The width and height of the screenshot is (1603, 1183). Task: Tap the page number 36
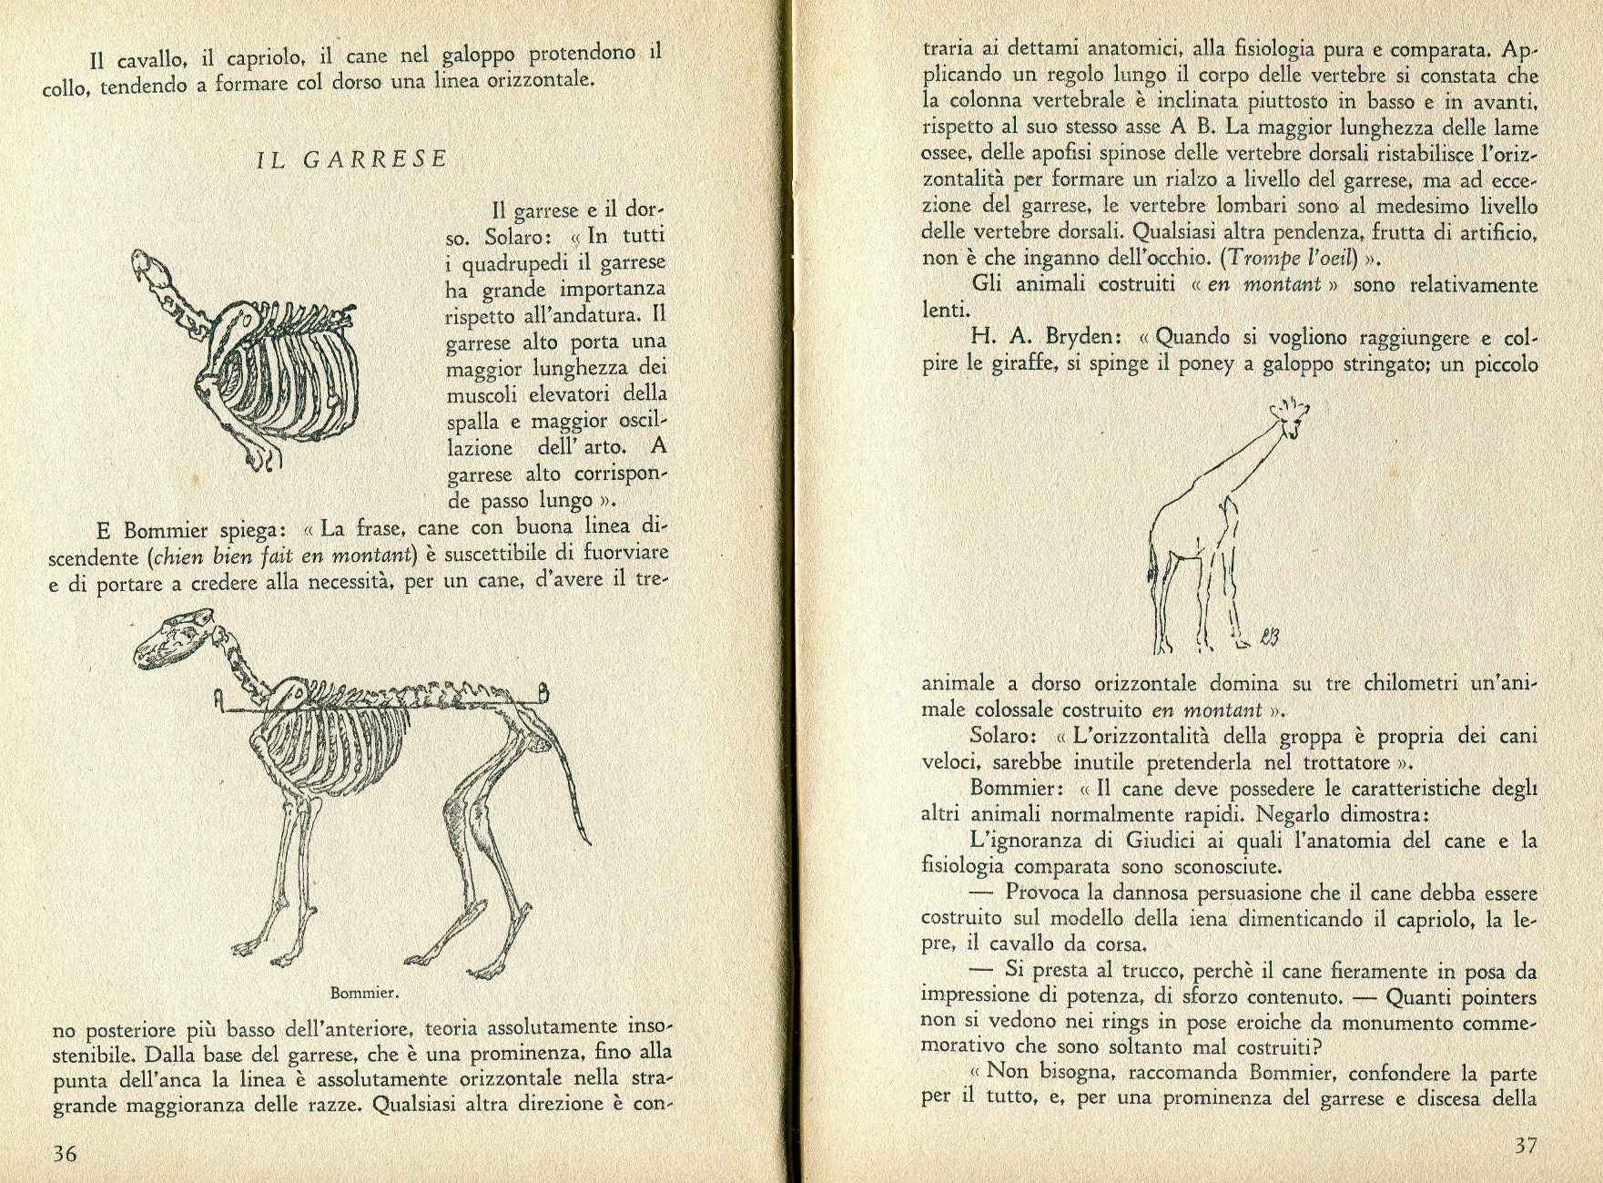[x=64, y=1154]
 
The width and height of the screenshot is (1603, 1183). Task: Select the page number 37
[x=1525, y=1146]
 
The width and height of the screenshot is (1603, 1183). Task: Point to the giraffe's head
[x=1288, y=419]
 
